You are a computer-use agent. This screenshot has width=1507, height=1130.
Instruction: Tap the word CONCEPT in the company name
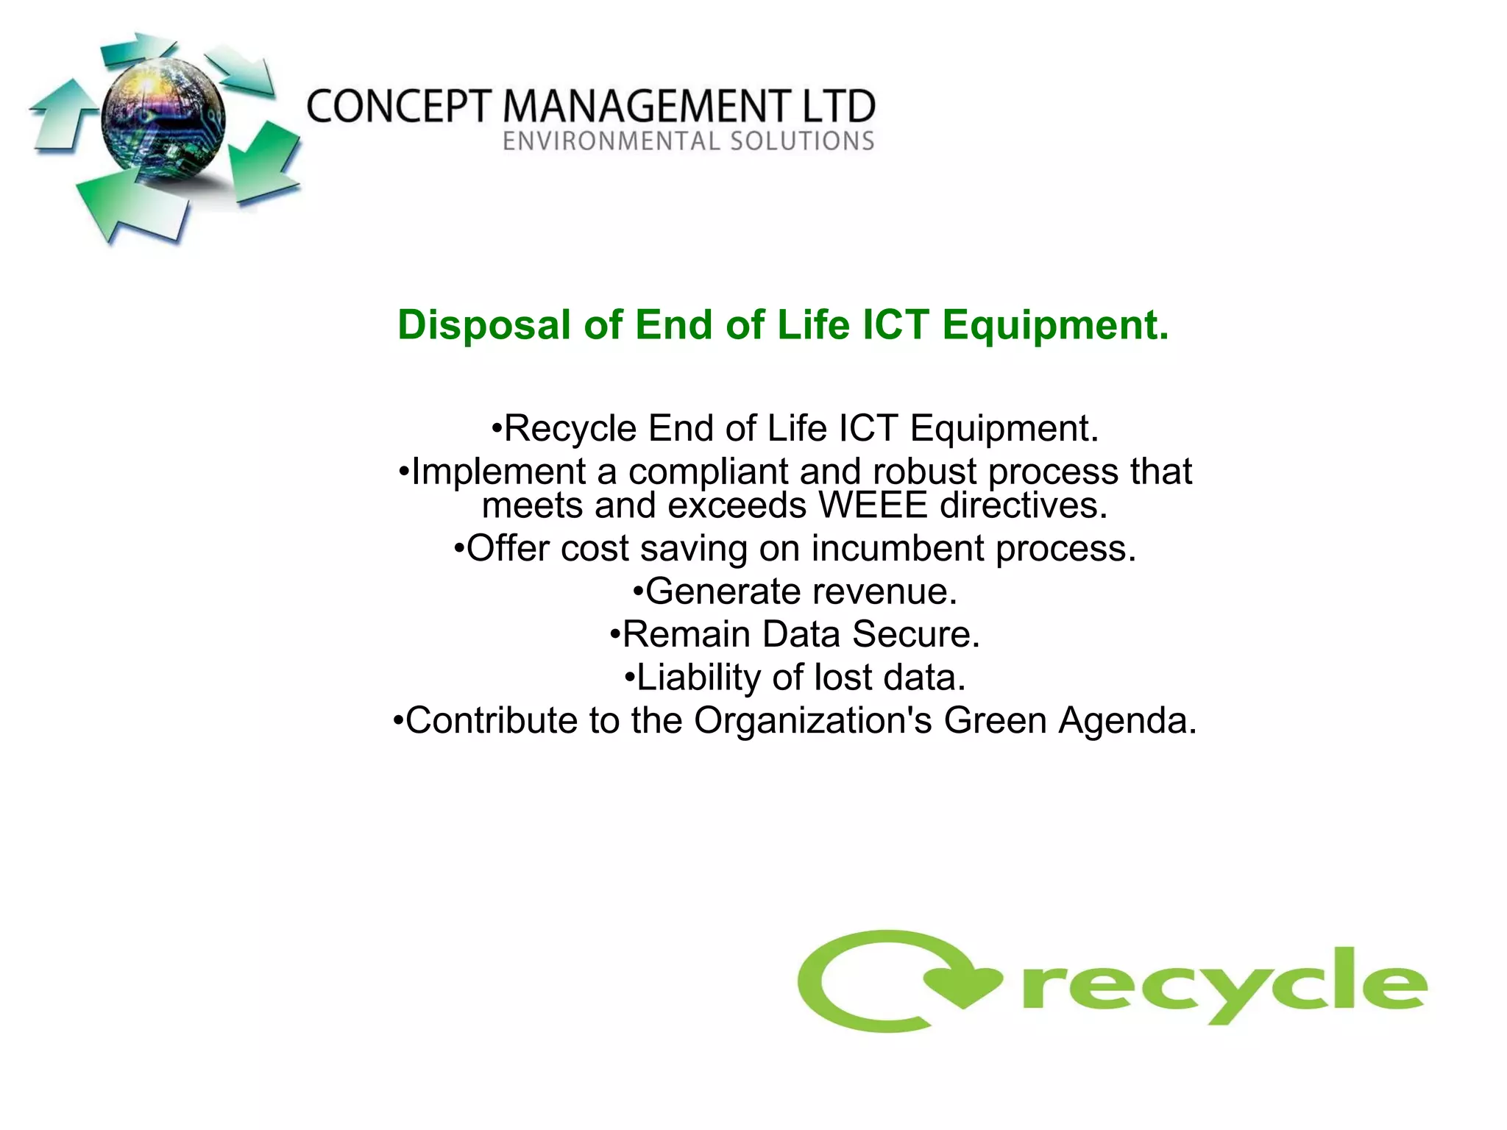(x=398, y=107)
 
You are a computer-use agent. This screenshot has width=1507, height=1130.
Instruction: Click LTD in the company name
(x=839, y=107)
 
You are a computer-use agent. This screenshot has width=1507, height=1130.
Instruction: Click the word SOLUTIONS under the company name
(x=802, y=141)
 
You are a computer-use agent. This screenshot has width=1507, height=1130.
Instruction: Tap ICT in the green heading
(x=895, y=325)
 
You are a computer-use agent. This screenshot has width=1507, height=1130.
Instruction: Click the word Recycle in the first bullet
(x=570, y=428)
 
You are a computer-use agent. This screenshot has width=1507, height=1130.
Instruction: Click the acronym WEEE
(x=873, y=505)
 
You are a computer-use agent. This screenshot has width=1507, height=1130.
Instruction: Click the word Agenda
(x=1127, y=721)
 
